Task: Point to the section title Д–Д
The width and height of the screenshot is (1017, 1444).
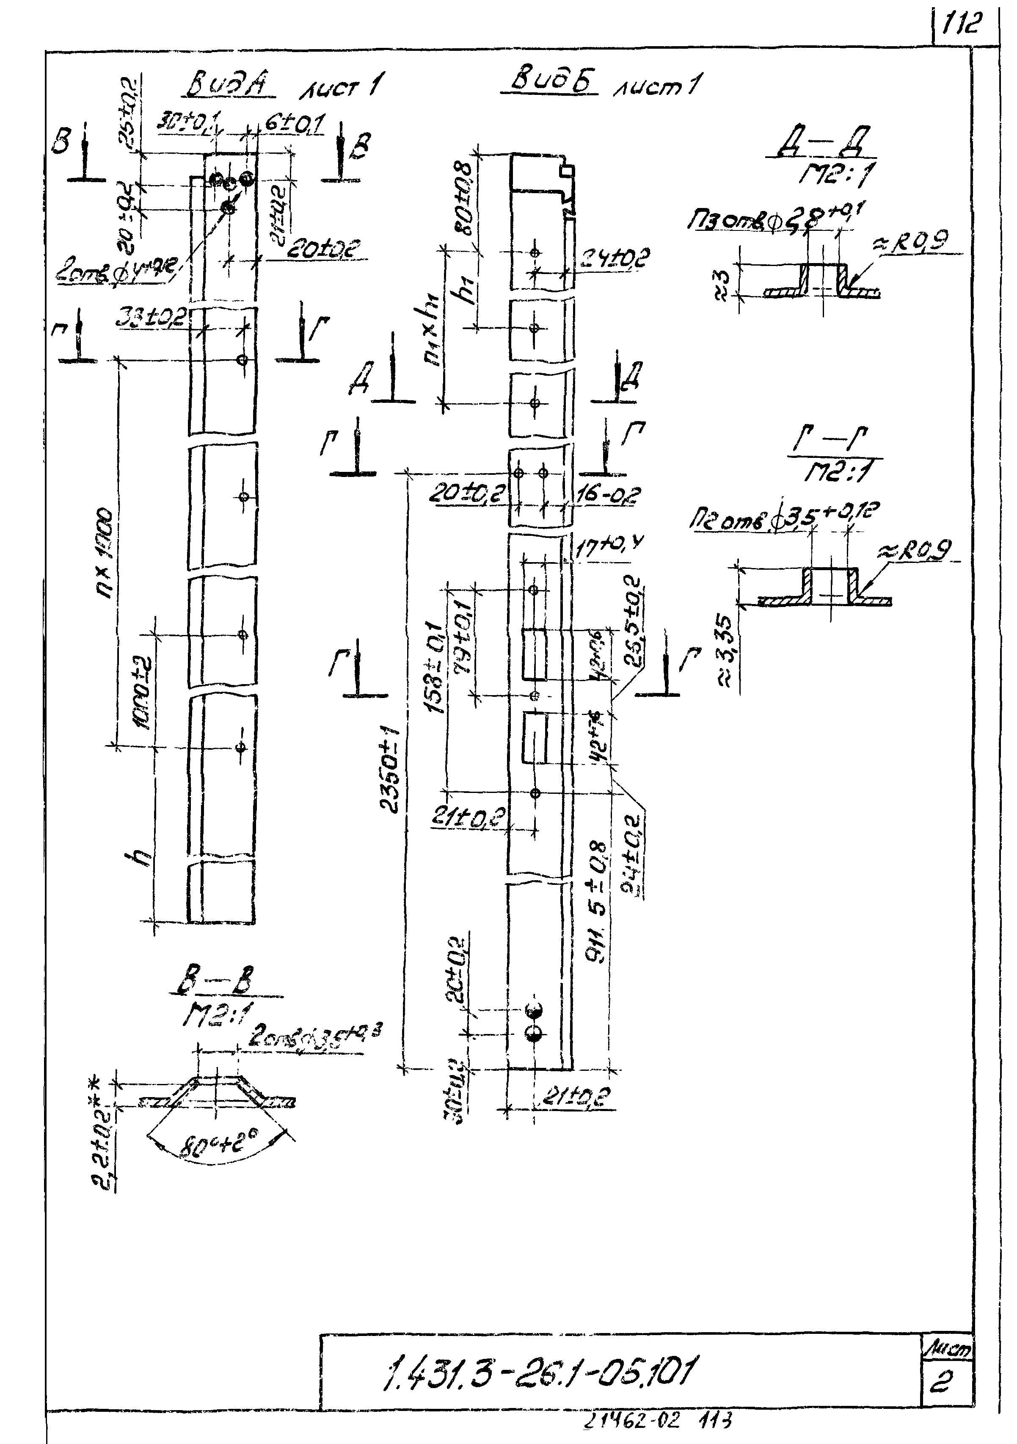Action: (x=824, y=144)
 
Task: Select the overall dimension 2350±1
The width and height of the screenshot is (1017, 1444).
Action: (x=390, y=771)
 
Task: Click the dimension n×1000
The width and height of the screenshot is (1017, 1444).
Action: (x=104, y=554)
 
